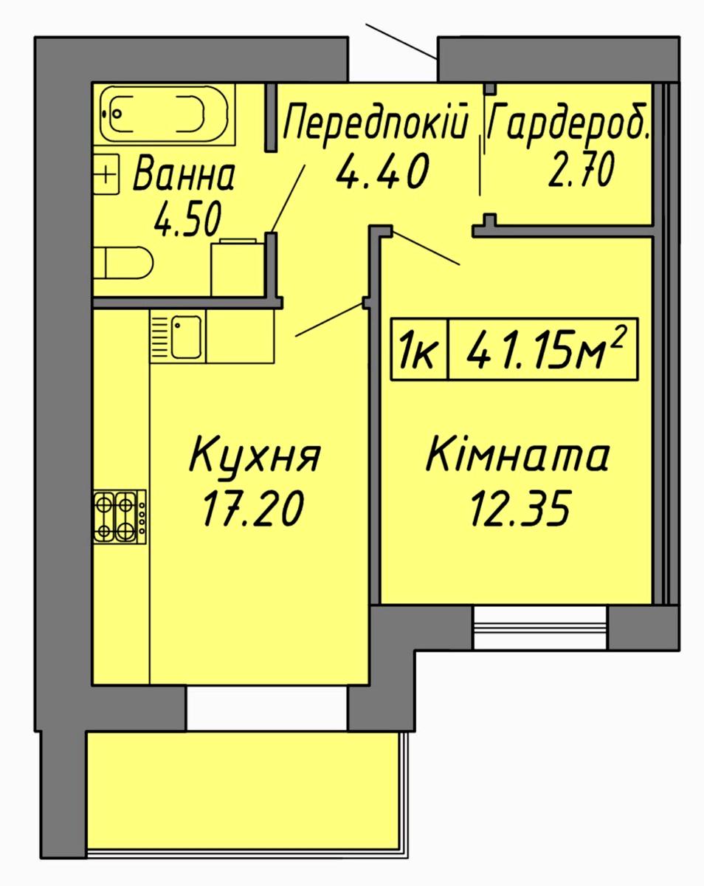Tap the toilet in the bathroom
point(122,263)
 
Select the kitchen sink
point(186,337)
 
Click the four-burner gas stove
point(120,517)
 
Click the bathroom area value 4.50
point(187,219)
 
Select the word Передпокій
point(376,123)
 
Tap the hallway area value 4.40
point(382,171)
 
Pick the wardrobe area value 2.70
point(581,169)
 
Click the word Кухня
point(255,458)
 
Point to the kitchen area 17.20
point(253,509)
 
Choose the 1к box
point(418,348)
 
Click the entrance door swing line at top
point(401,41)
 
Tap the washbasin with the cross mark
point(106,174)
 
